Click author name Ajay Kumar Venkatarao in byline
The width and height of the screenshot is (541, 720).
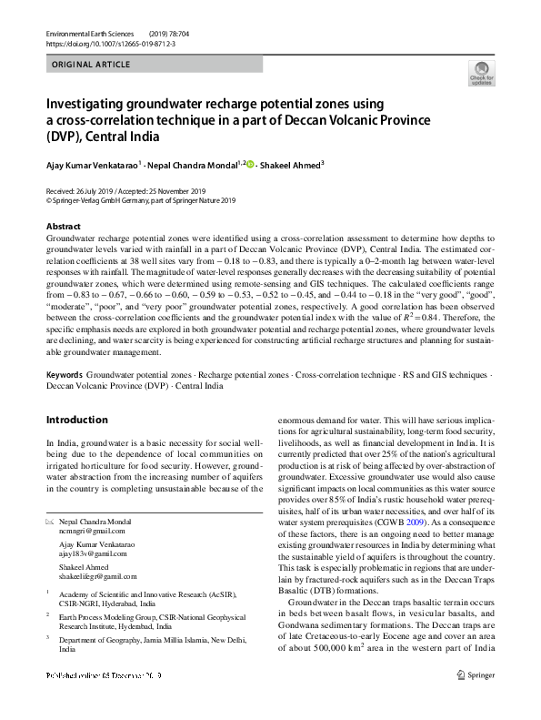pyautogui.click(x=91, y=167)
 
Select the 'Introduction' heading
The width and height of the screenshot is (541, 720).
pyautogui.click(x=76, y=420)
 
